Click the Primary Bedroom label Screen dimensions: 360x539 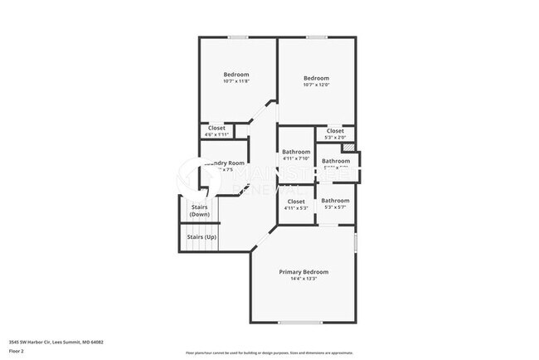tap(303, 272)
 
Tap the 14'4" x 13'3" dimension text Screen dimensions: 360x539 tap(303, 280)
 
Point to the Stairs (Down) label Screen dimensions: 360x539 tap(199, 211)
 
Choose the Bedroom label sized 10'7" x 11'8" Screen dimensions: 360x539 tap(236, 75)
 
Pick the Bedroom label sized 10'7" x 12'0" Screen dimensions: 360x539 tap(317, 77)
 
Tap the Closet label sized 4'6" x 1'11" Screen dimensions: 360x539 tap(216, 128)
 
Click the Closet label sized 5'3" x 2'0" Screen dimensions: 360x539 tap(335, 131)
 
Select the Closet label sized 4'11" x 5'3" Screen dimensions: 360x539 tap(296, 202)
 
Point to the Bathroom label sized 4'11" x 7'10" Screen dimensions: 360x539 tap(296, 152)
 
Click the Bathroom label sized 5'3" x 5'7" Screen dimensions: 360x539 tap(335, 201)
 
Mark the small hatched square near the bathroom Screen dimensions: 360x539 tap(351, 149)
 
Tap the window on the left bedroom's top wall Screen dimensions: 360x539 tap(238, 37)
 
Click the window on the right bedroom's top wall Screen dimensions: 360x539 tap(316, 37)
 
